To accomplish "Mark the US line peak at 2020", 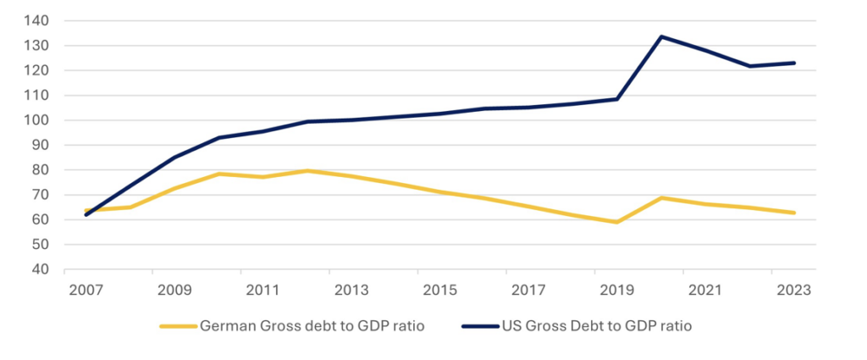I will coord(661,36).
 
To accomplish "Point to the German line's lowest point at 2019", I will coord(617,222).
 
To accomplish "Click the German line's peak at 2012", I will coord(307,171).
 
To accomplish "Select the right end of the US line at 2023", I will coord(794,63).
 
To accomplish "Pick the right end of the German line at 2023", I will coord(794,213).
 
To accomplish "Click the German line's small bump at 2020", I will coord(661,198).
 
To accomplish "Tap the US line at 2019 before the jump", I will coord(617,99).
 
